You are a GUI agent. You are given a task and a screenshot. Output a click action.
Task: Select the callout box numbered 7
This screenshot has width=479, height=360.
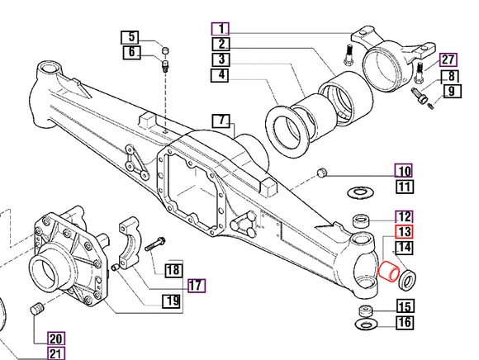click(x=222, y=121)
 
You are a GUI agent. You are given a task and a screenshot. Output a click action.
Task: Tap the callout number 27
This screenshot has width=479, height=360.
click(x=448, y=59)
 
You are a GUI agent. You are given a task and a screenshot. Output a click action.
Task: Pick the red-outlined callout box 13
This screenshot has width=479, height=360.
click(x=405, y=232)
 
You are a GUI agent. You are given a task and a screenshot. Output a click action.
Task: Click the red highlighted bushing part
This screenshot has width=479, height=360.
click(x=387, y=272)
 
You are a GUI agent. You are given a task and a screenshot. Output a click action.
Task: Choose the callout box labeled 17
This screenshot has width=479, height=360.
click(x=196, y=287)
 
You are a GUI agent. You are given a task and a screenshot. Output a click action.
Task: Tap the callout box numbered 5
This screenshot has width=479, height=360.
click(x=131, y=37)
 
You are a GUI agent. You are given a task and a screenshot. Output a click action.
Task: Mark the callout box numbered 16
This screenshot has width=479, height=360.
click(x=405, y=321)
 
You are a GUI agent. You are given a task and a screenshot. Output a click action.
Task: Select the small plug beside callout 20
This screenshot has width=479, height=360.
click(x=35, y=310)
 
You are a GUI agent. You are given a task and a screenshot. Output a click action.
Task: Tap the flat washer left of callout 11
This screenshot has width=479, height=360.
click(x=358, y=192)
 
